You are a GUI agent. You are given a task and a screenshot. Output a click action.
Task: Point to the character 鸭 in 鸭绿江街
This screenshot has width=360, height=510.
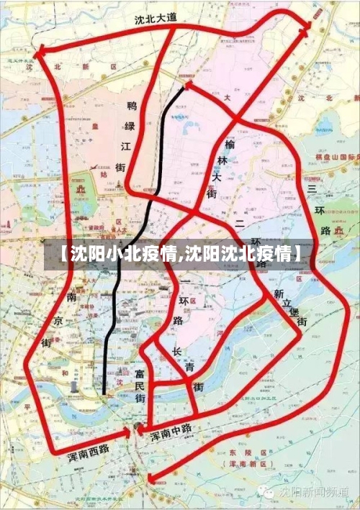[x=132, y=106]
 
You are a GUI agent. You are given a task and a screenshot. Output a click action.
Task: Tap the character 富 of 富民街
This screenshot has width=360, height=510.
[x=139, y=375]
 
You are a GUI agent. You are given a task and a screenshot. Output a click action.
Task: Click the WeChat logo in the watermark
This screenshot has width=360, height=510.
[x=268, y=492]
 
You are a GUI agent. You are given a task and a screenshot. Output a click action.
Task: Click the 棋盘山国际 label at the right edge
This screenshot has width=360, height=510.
[x=337, y=156]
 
